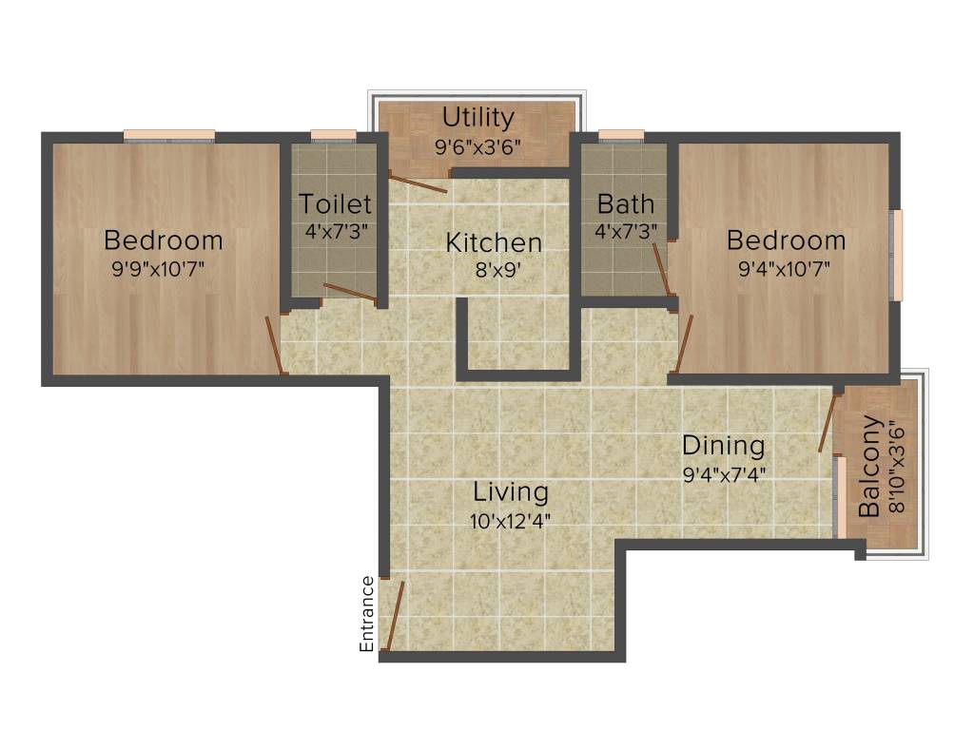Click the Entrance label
click(366, 614)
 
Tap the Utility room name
click(478, 118)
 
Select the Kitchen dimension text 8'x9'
click(494, 268)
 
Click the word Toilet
click(335, 203)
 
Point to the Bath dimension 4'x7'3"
click(626, 229)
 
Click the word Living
click(512, 492)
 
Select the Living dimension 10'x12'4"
click(512, 520)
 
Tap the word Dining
click(724, 445)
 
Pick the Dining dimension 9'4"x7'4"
click(724, 472)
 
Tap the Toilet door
click(349, 292)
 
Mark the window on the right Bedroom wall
click(896, 255)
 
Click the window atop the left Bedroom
click(168, 135)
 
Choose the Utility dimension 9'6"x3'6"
click(478, 147)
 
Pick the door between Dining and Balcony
click(827, 423)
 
